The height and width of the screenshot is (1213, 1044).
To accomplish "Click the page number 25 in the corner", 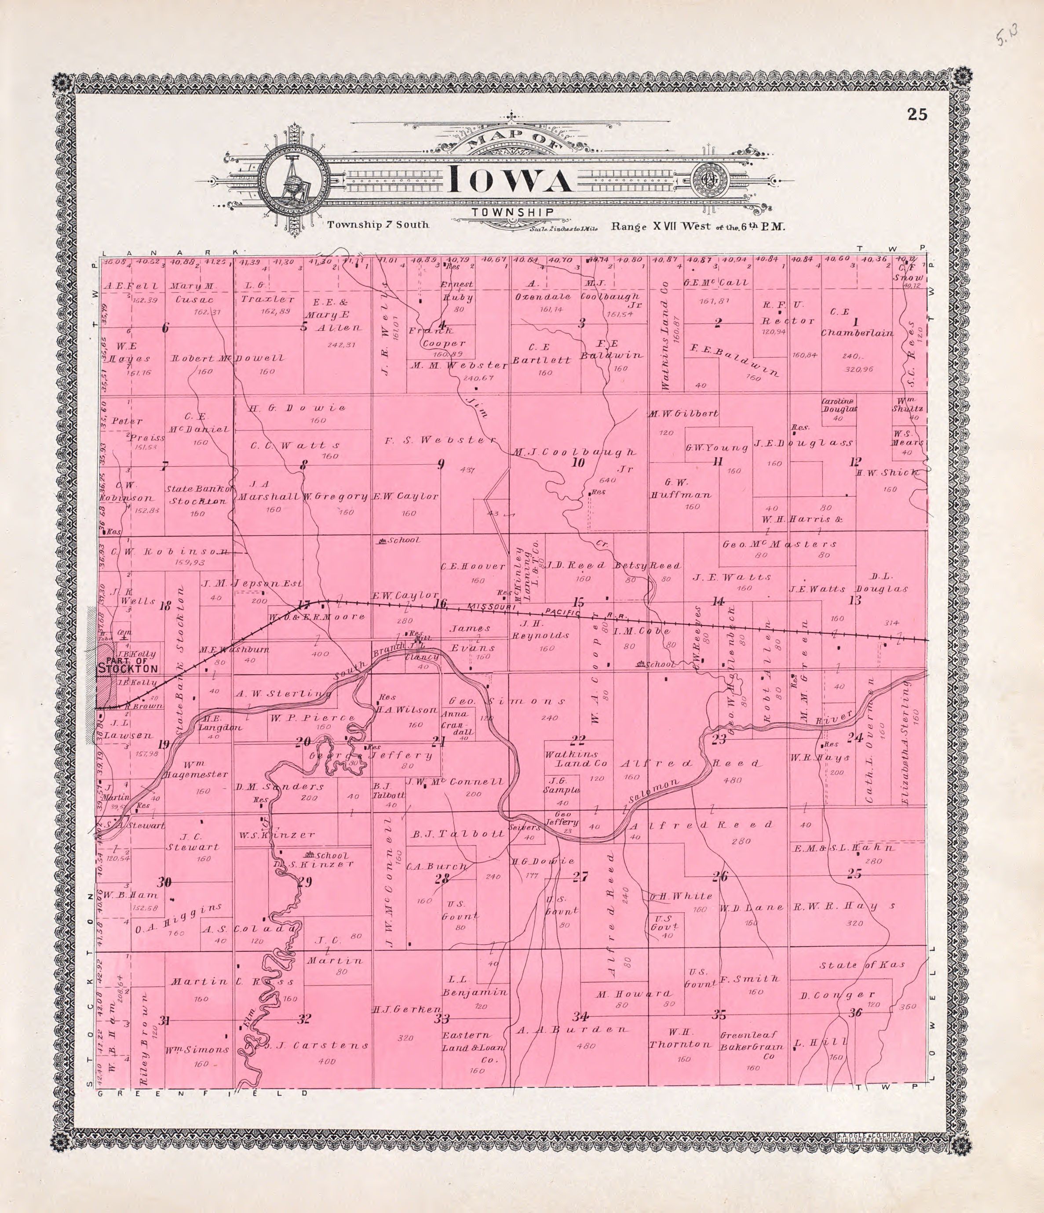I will coord(917,114).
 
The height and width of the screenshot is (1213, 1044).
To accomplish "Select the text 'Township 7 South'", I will coord(379,225).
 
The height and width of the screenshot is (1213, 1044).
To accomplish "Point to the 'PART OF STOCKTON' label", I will coord(128,665).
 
